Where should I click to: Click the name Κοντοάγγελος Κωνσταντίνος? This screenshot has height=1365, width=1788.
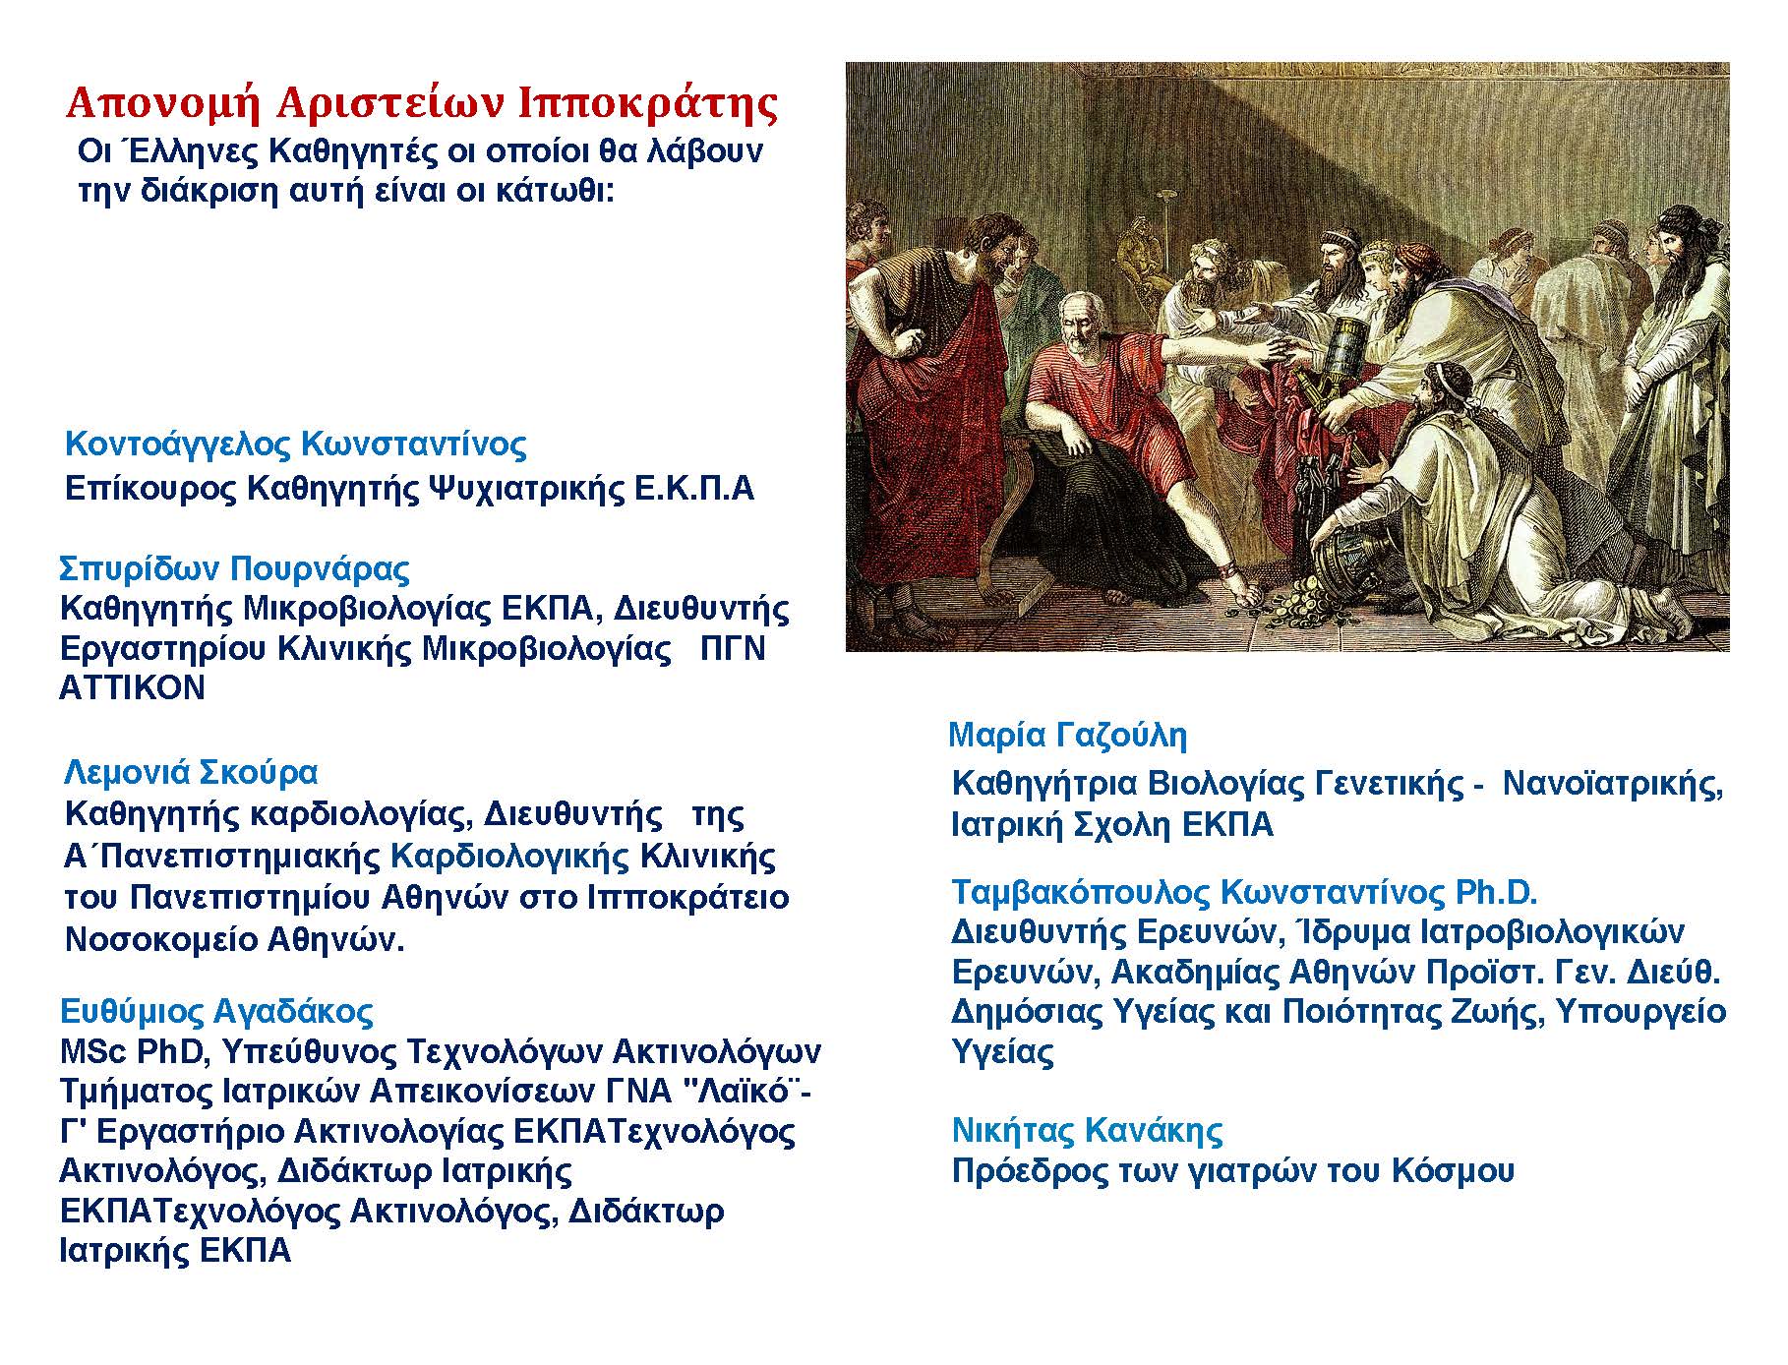pos(295,445)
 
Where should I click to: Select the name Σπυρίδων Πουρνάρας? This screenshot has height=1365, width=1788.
pos(234,568)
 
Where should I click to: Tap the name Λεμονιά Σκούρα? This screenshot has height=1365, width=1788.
pos(191,772)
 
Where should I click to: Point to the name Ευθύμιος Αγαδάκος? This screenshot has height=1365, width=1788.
pos(216,1011)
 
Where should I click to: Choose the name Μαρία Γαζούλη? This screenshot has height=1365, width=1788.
pos(1067,735)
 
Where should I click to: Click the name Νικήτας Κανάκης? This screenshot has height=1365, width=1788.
pos(1087,1130)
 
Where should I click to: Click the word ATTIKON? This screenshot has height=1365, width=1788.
pos(132,687)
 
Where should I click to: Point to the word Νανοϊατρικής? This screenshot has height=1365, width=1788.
pos(1613,784)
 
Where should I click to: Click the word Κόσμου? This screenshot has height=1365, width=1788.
pos(1453,1171)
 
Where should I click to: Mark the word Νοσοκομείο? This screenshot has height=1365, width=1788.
pos(148,939)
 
